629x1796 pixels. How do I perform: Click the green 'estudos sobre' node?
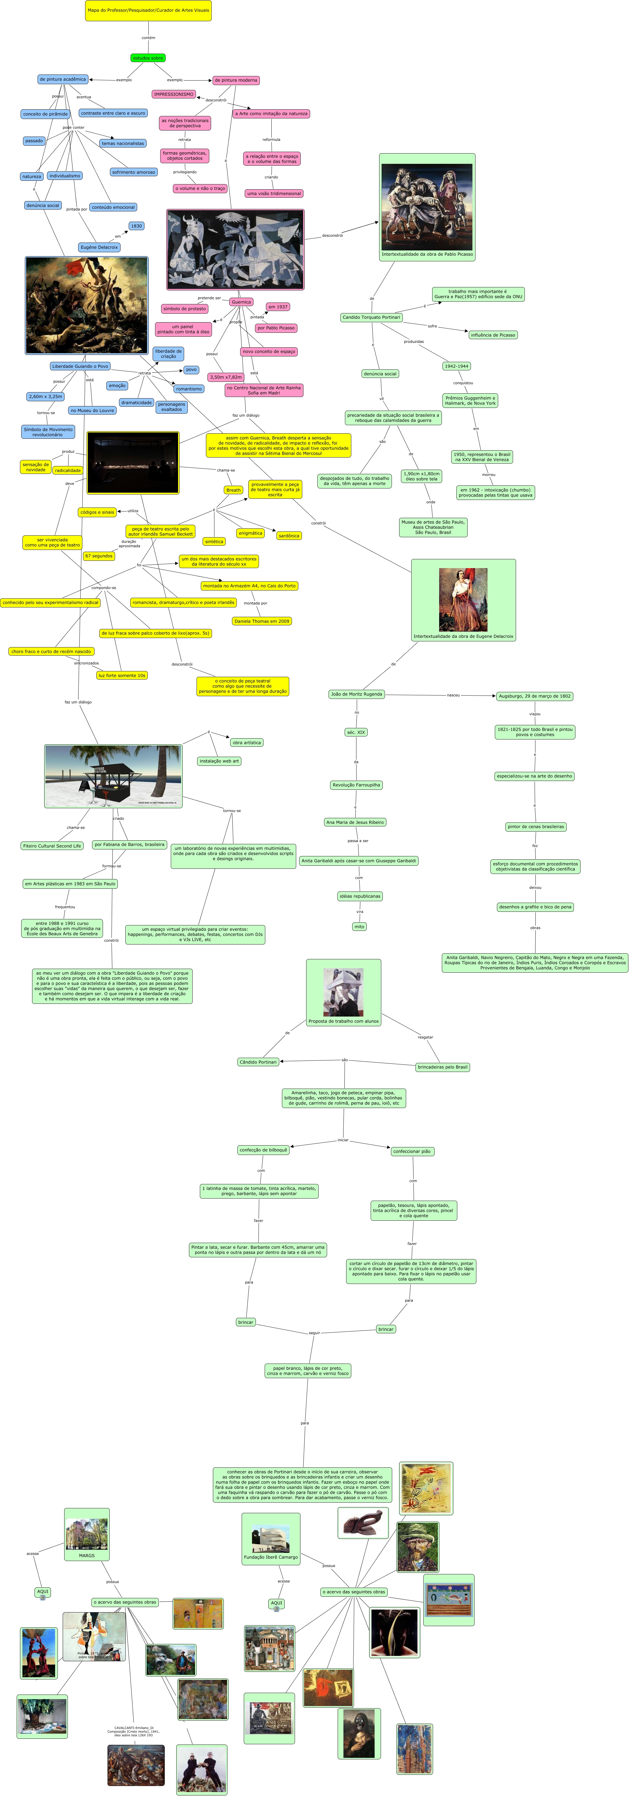(148, 58)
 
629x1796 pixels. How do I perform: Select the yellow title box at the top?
(148, 11)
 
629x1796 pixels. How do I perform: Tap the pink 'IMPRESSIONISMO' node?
(174, 94)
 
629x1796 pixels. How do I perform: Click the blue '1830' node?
(136, 226)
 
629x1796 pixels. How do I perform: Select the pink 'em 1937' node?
(277, 307)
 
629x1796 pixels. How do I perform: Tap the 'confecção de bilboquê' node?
(263, 1150)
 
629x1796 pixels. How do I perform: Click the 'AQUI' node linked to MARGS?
(42, 1592)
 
